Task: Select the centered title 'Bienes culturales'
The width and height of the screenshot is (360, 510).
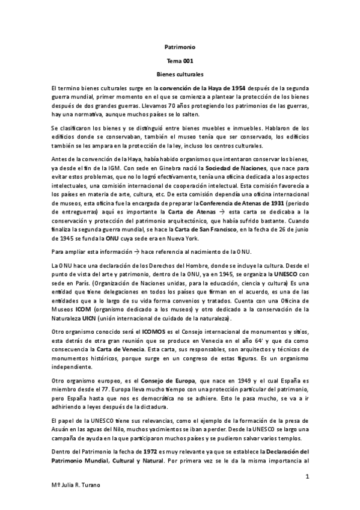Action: tap(180, 75)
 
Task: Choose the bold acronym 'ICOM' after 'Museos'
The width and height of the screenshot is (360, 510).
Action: tap(82, 309)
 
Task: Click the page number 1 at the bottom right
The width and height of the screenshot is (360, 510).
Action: tap(307, 477)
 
